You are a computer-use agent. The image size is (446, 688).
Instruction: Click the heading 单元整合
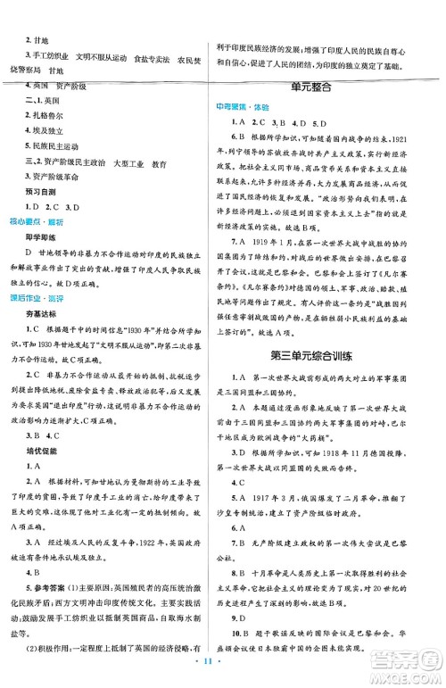(330, 88)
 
